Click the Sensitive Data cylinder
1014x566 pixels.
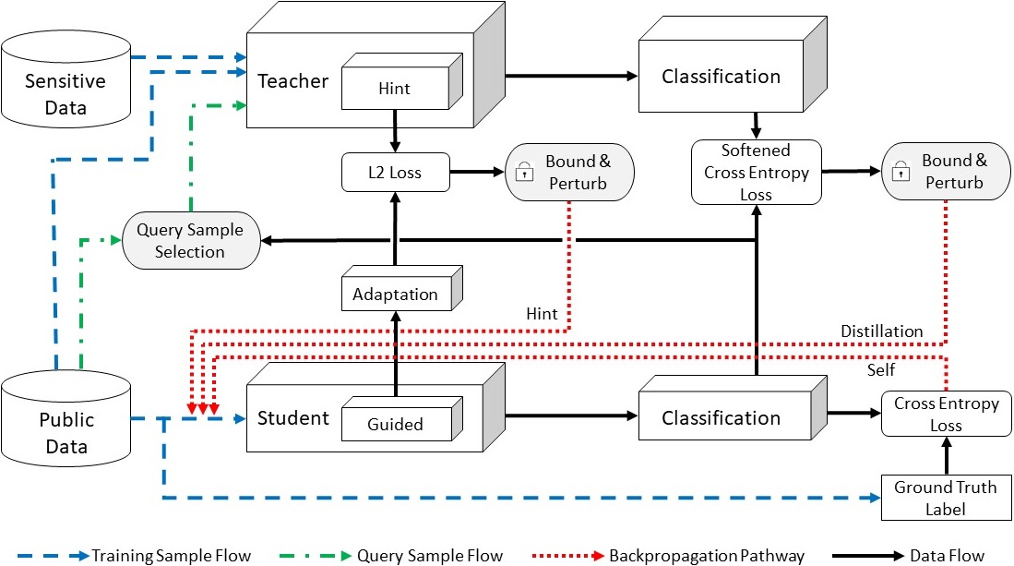pyautogui.click(x=66, y=78)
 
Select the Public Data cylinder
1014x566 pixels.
pyautogui.click(x=66, y=418)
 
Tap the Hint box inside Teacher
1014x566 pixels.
pyautogui.click(x=401, y=81)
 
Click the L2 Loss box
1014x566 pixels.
pyautogui.click(x=395, y=172)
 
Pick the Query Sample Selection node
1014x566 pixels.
pyautogui.click(x=191, y=241)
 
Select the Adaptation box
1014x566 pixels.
pyautogui.click(x=401, y=288)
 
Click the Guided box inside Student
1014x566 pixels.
pyautogui.click(x=401, y=419)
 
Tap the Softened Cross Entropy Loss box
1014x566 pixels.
pyautogui.click(x=756, y=172)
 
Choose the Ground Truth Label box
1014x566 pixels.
pyautogui.click(x=946, y=498)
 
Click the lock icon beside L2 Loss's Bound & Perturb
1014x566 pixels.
pyautogui.click(x=524, y=172)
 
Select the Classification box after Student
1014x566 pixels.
pyautogui.click(x=733, y=408)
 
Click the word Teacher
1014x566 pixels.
pyautogui.click(x=293, y=81)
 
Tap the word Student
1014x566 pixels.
pyautogui.click(x=293, y=418)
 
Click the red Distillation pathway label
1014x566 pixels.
pyautogui.click(x=881, y=331)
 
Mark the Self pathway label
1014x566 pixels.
pyautogui.click(x=881, y=370)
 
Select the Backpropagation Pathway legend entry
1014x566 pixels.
pyautogui.click(x=668, y=556)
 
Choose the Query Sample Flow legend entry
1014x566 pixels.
pyautogui.click(x=391, y=556)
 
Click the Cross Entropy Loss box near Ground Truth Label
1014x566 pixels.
pyautogui.click(x=946, y=414)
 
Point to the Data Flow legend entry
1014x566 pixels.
pyautogui.click(x=908, y=556)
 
